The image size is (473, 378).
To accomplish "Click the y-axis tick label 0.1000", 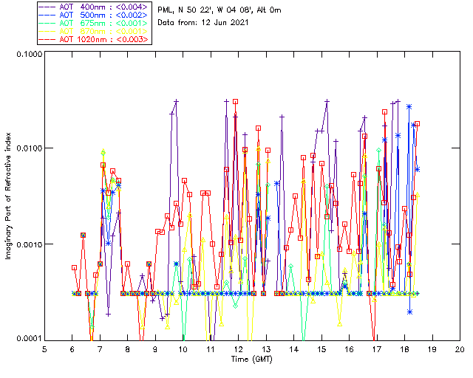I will [27, 55].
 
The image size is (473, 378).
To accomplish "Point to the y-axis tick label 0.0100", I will [27, 148].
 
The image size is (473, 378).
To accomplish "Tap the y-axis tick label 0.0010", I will [27, 244].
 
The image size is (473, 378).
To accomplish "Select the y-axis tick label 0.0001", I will [27, 339].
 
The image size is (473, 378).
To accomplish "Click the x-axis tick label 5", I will [44, 348].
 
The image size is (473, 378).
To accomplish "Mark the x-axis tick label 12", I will [238, 348].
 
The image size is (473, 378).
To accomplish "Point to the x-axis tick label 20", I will [460, 348].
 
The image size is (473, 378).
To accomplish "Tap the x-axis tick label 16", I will [349, 348].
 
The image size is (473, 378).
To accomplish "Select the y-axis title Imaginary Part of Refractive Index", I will [7, 197].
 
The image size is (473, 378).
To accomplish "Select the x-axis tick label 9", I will [155, 348].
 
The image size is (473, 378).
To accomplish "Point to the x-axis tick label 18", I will [404, 348].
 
